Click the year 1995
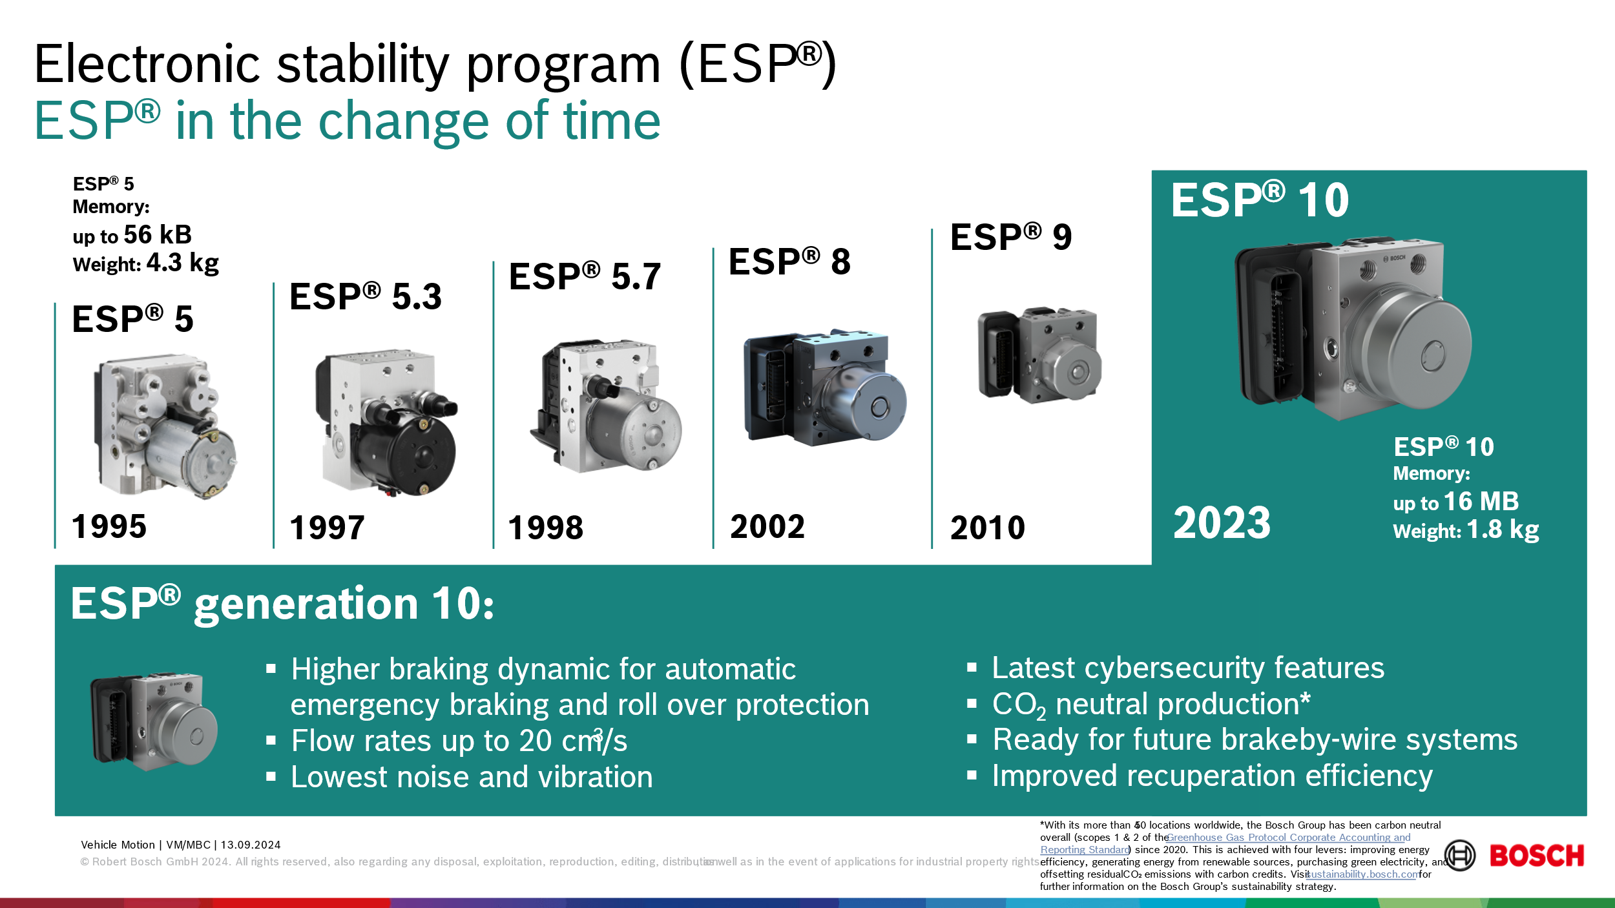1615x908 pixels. pyautogui.click(x=109, y=526)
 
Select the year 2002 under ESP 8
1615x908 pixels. pyautogui.click(x=767, y=526)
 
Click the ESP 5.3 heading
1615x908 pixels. pyautogui.click(x=366, y=296)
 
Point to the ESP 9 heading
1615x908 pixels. pyautogui.click(x=1011, y=237)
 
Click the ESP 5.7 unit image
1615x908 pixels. pyautogui.click(x=606, y=406)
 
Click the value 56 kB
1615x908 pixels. pyautogui.click(x=158, y=234)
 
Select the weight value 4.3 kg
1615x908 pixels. pyautogui.click(x=183, y=263)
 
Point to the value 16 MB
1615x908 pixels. pyautogui.click(x=1481, y=501)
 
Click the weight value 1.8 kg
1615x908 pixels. pyautogui.click(x=1503, y=530)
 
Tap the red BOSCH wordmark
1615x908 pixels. pyautogui.click(x=1536, y=856)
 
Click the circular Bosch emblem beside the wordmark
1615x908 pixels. pyautogui.click(x=1460, y=856)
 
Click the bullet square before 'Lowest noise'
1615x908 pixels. pyautogui.click(x=271, y=777)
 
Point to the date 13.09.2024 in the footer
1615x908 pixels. pyautogui.click(x=251, y=845)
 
